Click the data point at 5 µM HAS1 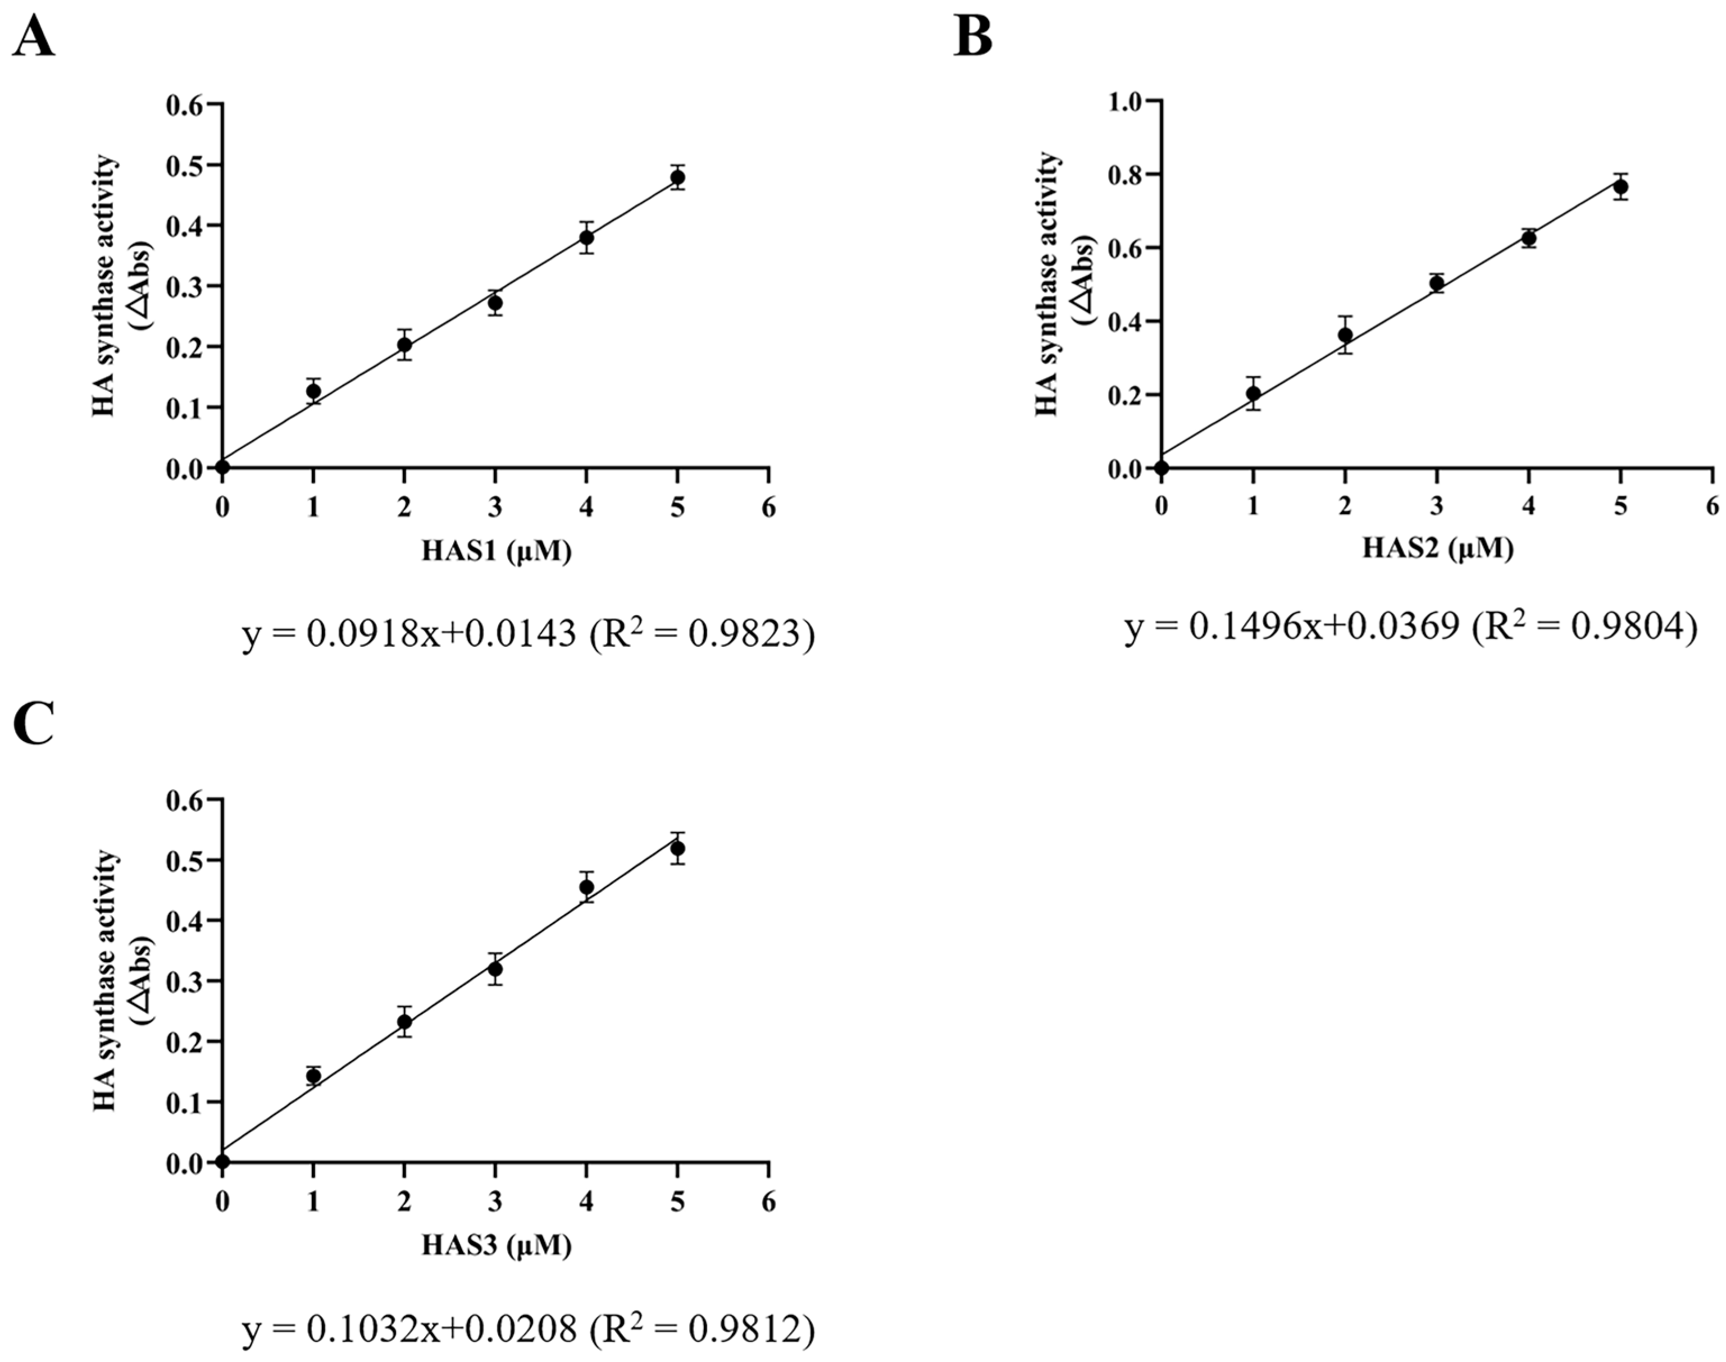[x=678, y=177]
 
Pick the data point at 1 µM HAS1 [x=313, y=391]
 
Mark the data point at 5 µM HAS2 [x=1621, y=186]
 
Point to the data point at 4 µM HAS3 [x=587, y=886]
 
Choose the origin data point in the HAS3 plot [x=222, y=1162]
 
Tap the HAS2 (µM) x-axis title [x=1437, y=549]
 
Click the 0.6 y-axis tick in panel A [x=185, y=104]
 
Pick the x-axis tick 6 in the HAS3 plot [x=768, y=1202]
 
